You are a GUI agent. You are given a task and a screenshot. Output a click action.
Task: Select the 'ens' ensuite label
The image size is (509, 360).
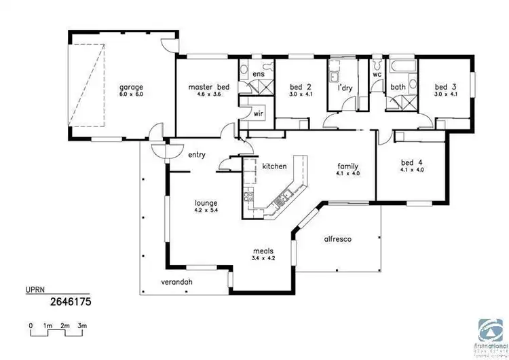coord(258,73)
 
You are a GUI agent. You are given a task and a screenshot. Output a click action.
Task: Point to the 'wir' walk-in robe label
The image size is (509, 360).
coord(258,114)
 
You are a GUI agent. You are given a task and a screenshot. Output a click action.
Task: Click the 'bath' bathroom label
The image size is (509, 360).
coord(398,87)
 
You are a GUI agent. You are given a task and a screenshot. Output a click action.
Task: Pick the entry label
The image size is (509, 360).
coord(197,155)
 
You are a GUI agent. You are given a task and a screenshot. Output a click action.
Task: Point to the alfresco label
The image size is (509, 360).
coord(337,239)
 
